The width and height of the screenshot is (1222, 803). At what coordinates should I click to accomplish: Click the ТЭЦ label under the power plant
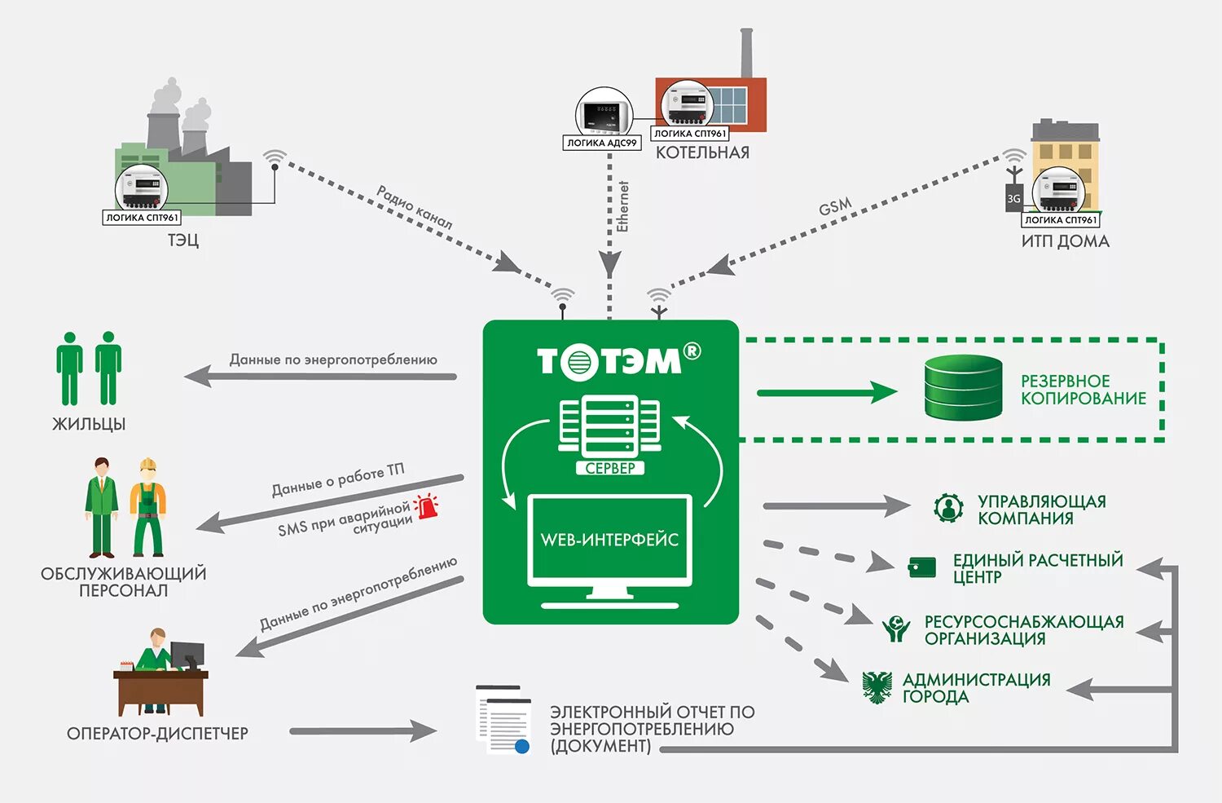coord(183,240)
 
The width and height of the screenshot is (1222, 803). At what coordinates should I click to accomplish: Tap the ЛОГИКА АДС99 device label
coord(602,143)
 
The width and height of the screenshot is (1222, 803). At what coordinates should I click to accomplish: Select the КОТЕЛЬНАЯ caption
coord(702,152)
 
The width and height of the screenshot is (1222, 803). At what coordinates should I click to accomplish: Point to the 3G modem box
coord(1013,198)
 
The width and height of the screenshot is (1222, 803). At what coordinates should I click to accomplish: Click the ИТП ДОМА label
coord(1065,241)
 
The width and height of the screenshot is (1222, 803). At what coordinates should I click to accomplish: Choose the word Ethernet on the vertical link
coord(623,206)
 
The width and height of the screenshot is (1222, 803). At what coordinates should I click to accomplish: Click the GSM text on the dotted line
coord(835,207)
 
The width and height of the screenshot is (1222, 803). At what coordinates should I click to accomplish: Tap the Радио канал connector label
coord(414,207)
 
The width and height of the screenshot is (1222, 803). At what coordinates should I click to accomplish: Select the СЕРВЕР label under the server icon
coord(609,468)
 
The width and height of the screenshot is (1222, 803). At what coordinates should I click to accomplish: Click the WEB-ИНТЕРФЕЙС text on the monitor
coord(609,540)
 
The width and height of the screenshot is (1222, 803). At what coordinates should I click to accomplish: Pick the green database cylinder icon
coord(963,388)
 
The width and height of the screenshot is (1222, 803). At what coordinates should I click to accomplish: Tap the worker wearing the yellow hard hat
coord(148,507)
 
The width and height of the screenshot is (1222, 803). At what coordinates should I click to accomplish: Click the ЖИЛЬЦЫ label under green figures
coord(89,424)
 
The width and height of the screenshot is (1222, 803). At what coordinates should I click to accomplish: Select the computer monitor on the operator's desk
coord(187,655)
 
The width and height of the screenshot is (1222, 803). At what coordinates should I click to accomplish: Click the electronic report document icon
coord(503,720)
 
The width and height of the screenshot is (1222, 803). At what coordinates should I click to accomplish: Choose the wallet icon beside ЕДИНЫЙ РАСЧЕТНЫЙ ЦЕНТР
coord(922,567)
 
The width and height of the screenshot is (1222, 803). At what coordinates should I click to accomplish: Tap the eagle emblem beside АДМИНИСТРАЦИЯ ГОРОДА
coord(877,687)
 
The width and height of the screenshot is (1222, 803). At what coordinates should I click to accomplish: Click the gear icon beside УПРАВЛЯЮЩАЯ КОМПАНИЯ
coord(948,508)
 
